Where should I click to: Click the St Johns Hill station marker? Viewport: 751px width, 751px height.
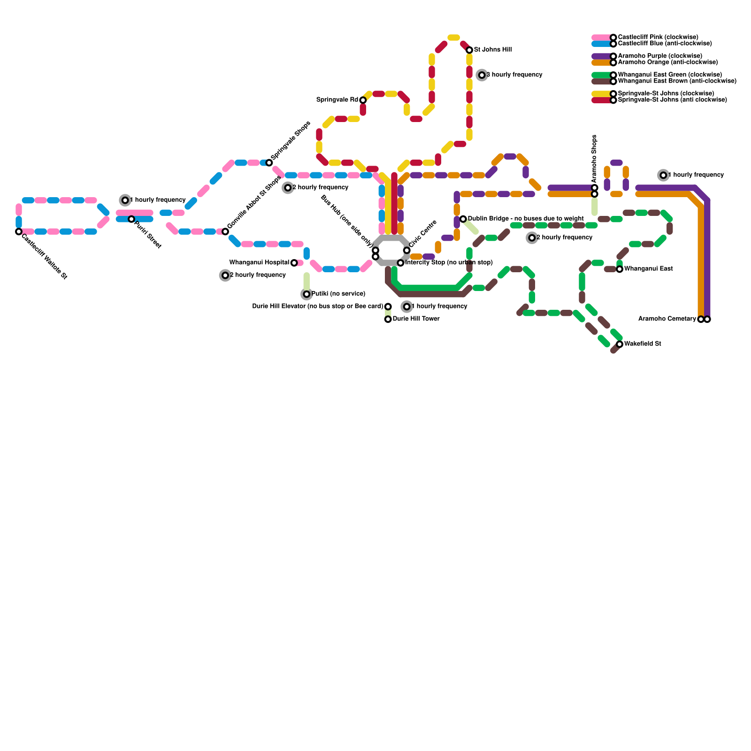(469, 50)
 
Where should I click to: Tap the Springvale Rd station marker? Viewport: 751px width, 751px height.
(363, 100)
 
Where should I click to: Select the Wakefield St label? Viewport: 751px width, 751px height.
(643, 344)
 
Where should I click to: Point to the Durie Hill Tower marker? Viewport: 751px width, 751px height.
(388, 319)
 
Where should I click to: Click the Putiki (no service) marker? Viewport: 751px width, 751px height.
(307, 294)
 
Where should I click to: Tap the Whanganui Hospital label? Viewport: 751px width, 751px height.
(259, 263)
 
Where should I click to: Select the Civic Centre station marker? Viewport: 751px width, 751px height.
(407, 250)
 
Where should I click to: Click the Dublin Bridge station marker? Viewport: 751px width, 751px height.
(463, 219)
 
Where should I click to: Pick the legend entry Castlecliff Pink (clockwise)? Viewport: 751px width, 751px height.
(658, 37)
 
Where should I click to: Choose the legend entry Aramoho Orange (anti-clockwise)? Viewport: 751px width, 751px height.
(667, 62)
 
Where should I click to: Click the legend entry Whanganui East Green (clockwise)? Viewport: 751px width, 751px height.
(670, 75)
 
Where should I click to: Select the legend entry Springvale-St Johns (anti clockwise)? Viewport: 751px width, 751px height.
(672, 100)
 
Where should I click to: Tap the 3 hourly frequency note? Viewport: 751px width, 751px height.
(514, 75)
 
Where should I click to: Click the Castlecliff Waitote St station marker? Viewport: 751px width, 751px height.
(19, 231)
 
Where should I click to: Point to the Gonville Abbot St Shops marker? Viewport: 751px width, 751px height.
(225, 231)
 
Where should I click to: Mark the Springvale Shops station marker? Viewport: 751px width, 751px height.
(269, 163)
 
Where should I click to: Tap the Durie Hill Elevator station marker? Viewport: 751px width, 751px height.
(388, 307)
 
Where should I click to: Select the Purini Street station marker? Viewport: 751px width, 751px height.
(131, 219)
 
